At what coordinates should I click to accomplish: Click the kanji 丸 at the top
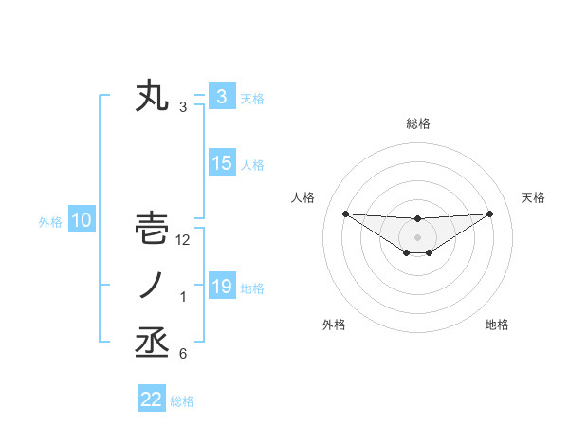click(153, 97)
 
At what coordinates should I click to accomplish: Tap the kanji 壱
click(153, 229)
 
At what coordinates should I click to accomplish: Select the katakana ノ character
click(152, 286)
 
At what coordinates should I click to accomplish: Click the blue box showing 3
click(221, 96)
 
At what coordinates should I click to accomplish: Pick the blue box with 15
click(222, 163)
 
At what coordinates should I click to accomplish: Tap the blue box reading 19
click(221, 286)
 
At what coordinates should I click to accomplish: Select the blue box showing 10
click(82, 221)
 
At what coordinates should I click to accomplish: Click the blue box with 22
click(152, 399)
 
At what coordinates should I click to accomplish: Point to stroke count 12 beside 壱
click(183, 241)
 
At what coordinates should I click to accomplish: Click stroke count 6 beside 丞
click(182, 355)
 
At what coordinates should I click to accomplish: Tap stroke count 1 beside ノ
click(183, 298)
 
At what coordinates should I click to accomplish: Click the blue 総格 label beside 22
click(182, 401)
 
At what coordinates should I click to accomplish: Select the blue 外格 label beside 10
click(50, 222)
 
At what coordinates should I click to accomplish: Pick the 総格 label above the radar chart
click(417, 123)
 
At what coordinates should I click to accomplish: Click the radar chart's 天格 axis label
click(534, 197)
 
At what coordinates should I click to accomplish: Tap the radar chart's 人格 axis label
click(303, 197)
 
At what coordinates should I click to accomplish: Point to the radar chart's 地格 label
click(497, 325)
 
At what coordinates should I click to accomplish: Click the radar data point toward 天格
click(489, 214)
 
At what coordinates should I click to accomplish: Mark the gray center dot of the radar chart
click(417, 236)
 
